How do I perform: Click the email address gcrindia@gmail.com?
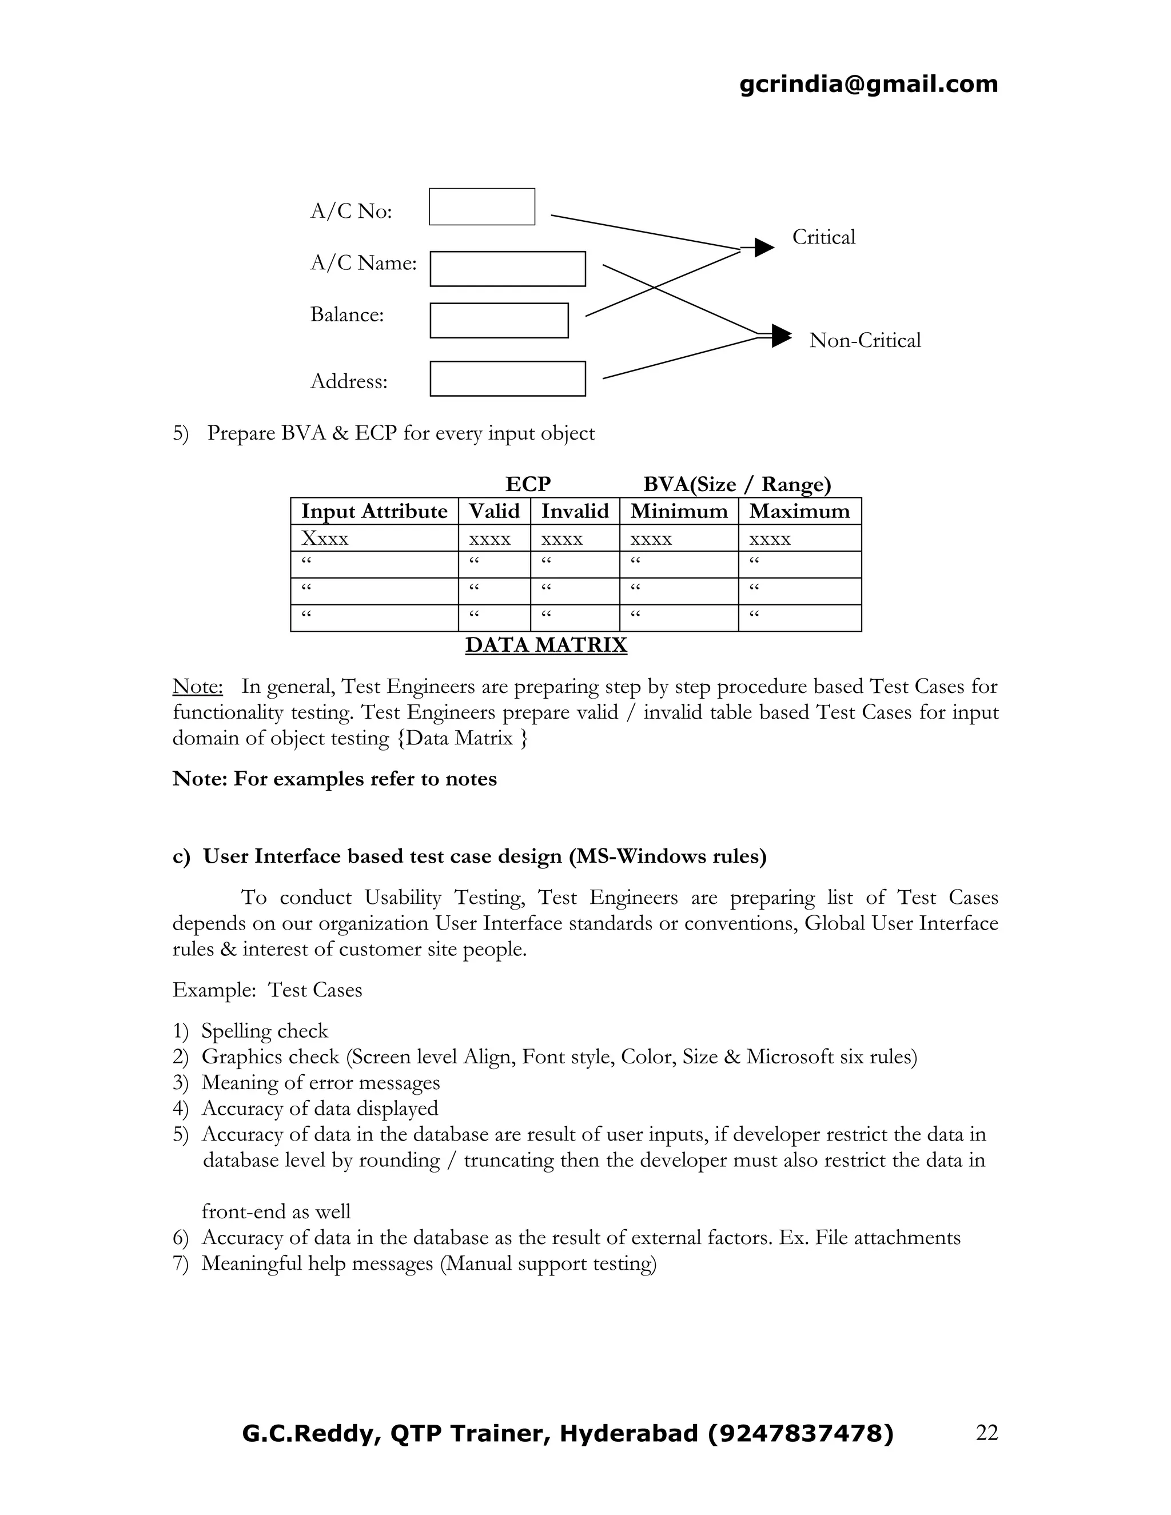pyautogui.click(x=868, y=84)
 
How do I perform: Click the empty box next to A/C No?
pyautogui.click(x=481, y=207)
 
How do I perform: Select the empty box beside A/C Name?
pyautogui.click(x=507, y=269)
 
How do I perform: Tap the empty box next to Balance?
pyautogui.click(x=499, y=321)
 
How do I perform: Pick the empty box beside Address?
pyautogui.click(x=507, y=378)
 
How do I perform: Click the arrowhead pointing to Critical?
pyautogui.click(x=764, y=247)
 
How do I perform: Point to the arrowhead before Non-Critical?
pyautogui.click(x=781, y=336)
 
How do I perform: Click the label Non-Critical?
pyautogui.click(x=865, y=341)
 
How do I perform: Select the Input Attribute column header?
pyautogui.click(x=374, y=511)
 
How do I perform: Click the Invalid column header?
pyautogui.click(x=575, y=511)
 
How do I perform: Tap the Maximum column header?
pyautogui.click(x=799, y=511)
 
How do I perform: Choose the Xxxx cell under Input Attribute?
pyautogui.click(x=325, y=539)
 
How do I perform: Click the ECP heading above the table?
pyautogui.click(x=528, y=484)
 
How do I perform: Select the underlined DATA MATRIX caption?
pyautogui.click(x=546, y=644)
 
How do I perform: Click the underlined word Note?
pyautogui.click(x=198, y=686)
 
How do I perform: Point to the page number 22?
pyautogui.click(x=986, y=1433)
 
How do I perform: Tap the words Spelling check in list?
pyautogui.click(x=264, y=1031)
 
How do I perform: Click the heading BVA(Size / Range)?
pyautogui.click(x=736, y=484)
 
